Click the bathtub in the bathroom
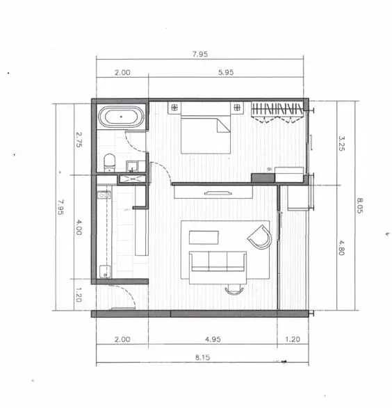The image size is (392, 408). (121, 117)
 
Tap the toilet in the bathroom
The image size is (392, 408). (110, 163)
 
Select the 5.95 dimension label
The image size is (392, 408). (226, 72)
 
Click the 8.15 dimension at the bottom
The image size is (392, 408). (202, 357)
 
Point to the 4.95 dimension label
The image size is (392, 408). (213, 339)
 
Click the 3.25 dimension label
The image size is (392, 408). (341, 143)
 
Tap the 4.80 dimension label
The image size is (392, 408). (341, 247)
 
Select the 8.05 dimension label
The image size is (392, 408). (359, 206)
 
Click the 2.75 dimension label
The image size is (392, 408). (79, 140)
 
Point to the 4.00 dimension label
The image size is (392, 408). (79, 227)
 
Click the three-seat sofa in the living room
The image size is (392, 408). (218, 262)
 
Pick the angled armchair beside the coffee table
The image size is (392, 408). (260, 237)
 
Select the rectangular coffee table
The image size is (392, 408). (204, 237)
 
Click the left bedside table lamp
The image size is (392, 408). (174, 107)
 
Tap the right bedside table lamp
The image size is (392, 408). (237, 107)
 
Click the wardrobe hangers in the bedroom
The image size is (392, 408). (277, 108)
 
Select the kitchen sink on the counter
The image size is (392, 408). (104, 195)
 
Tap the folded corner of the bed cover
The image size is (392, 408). (223, 126)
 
